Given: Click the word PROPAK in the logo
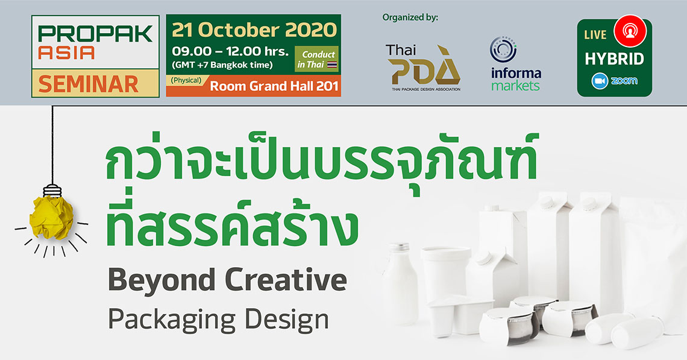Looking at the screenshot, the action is [95, 34].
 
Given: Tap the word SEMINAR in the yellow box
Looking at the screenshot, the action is [89, 84].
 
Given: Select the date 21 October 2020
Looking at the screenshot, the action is [254, 30].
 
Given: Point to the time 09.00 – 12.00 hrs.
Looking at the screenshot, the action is [230, 51].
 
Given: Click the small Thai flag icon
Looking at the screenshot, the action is [332, 65].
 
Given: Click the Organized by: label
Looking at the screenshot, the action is [410, 17].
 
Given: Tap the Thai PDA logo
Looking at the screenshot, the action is [423, 68].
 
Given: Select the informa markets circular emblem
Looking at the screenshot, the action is [503, 49].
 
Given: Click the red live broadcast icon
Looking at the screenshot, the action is [630, 31].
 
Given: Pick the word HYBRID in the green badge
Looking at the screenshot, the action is [614, 58].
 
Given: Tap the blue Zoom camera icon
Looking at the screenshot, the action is [600, 81].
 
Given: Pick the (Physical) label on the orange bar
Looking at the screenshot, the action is [186, 80].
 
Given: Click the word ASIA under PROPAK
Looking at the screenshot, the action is [66, 52].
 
